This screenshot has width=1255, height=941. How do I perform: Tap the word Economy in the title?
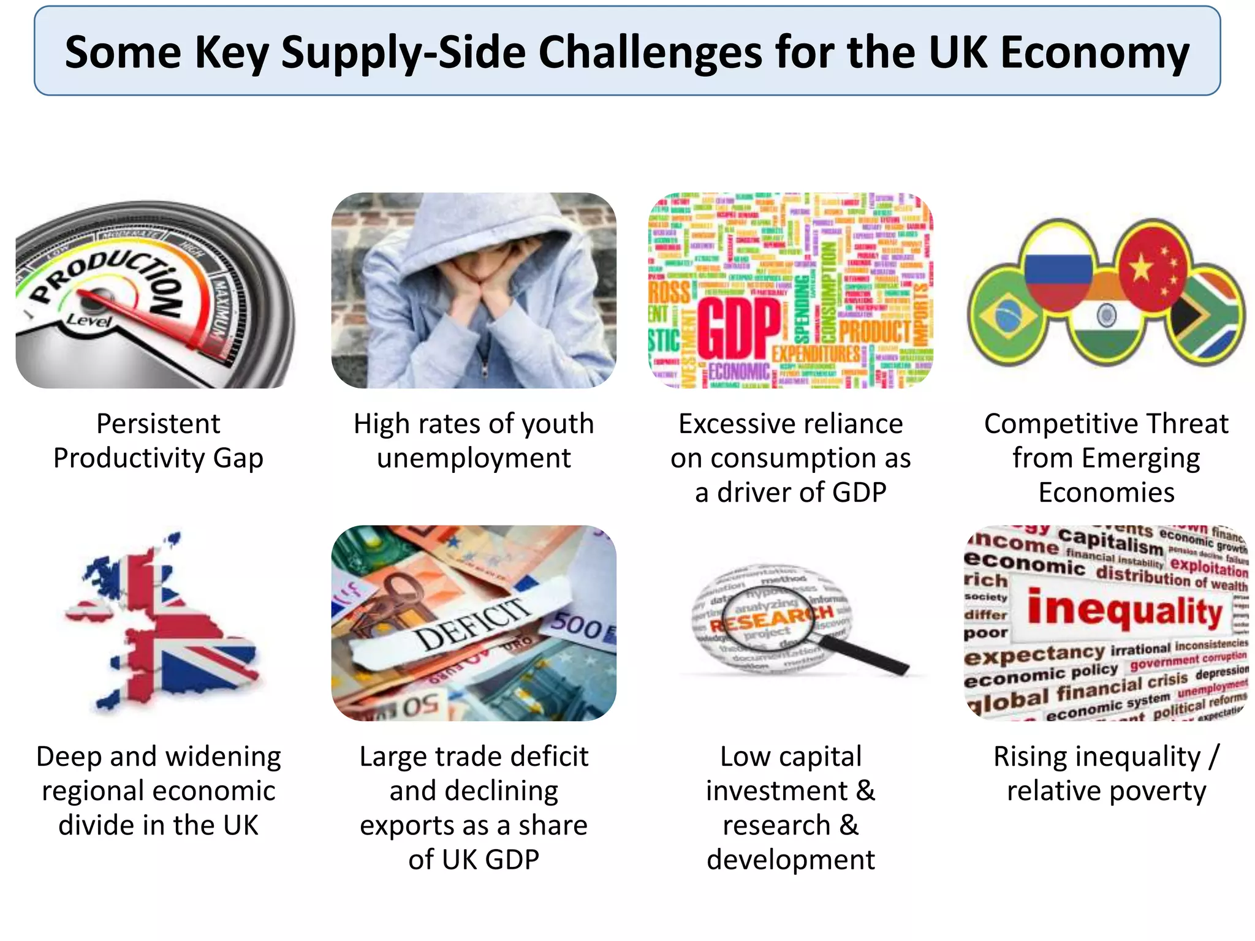pyautogui.click(x=1094, y=53)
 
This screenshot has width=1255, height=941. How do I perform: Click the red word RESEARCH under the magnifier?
pyautogui.click(x=771, y=619)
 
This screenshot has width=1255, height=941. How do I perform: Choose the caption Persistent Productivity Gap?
pyautogui.click(x=158, y=440)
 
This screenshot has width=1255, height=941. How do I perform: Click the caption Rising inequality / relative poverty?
pyautogui.click(x=1106, y=773)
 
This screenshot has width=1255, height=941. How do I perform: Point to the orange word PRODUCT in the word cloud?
pyautogui.click(x=874, y=331)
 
